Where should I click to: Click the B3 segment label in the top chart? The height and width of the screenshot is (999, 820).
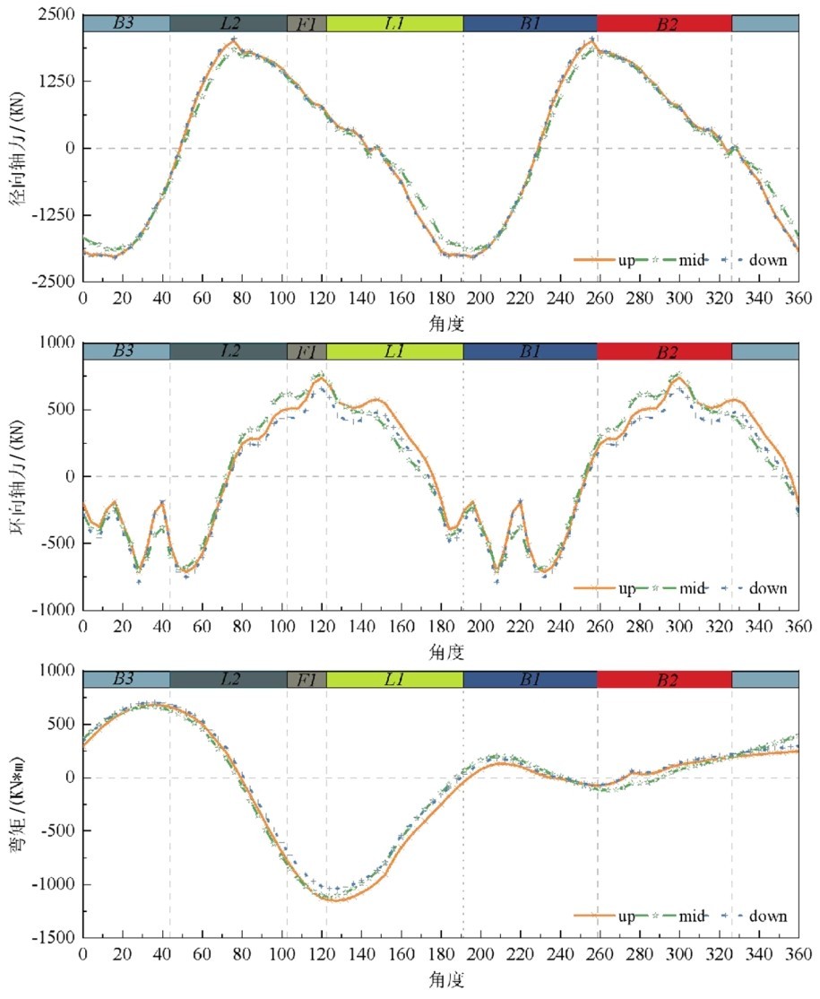(125, 23)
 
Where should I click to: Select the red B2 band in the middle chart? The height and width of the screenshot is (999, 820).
(664, 352)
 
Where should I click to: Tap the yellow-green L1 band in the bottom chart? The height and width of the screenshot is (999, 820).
(394, 680)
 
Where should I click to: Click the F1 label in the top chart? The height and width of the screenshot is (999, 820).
(306, 23)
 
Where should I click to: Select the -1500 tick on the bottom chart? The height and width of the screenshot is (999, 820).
(56, 938)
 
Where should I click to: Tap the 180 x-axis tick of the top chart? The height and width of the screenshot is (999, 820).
(441, 298)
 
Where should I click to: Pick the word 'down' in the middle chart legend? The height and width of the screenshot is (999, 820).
(767, 588)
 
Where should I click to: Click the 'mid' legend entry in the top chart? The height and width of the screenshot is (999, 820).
(692, 260)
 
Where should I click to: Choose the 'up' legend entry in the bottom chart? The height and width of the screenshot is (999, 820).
(626, 916)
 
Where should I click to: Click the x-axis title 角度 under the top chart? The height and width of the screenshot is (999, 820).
(440, 320)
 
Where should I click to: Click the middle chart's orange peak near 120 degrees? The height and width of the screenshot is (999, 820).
(321, 378)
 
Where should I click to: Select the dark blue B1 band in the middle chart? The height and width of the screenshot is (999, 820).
(530, 352)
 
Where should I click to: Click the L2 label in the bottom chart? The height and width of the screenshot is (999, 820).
(228, 680)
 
